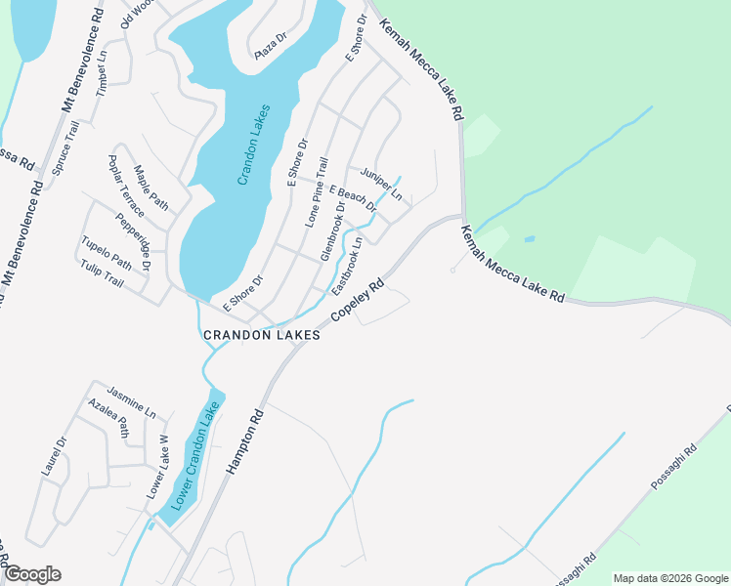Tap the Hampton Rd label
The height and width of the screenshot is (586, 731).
(x=246, y=442)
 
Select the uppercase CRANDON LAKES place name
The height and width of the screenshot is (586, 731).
(x=261, y=335)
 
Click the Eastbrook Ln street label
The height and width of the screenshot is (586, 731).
(x=347, y=267)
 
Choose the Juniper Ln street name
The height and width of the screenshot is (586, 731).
(x=381, y=184)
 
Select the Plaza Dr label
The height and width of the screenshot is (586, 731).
(x=271, y=47)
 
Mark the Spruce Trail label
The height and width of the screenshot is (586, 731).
(x=64, y=147)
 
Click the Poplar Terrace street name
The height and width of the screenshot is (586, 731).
(x=126, y=187)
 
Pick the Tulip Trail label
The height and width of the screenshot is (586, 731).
(x=102, y=273)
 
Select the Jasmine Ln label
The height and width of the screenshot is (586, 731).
(x=131, y=401)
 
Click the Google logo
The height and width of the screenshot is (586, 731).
(x=32, y=574)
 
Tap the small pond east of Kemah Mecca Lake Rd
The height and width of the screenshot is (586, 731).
(x=529, y=238)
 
